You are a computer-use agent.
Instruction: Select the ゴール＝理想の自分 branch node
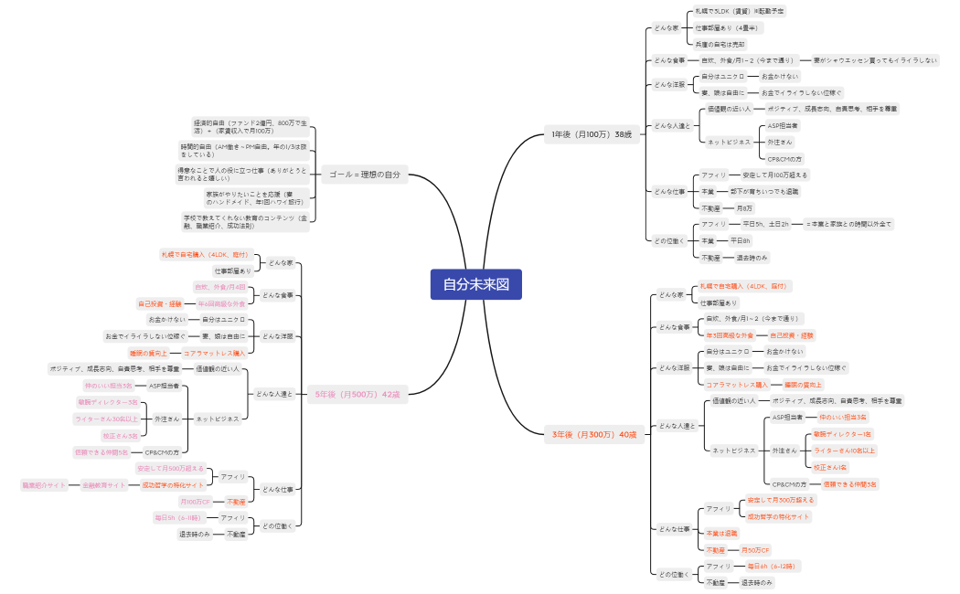[365, 175]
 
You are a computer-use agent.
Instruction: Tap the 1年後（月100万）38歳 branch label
[592, 134]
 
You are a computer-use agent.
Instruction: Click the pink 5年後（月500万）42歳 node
[357, 395]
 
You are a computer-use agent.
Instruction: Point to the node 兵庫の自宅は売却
[720, 44]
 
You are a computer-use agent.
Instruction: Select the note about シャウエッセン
[875, 60]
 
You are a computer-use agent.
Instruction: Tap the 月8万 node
[744, 207]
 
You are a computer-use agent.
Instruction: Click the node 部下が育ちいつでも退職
[764, 191]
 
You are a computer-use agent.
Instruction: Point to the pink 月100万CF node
[197, 502]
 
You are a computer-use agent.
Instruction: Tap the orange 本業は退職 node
[721, 533]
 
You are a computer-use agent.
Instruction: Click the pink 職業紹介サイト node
[45, 484]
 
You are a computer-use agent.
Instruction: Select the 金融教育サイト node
[105, 484]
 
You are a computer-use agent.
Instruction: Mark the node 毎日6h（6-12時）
[771, 567]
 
